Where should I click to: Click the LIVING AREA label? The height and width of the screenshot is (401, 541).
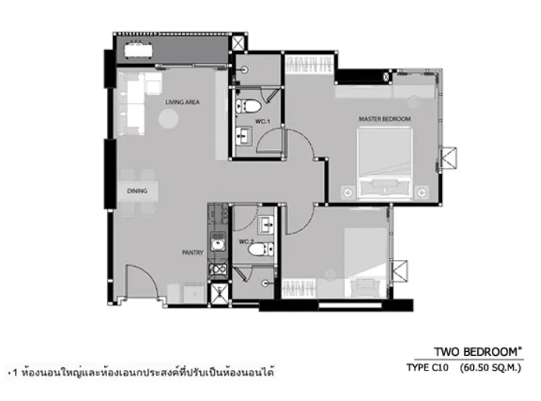(182, 102)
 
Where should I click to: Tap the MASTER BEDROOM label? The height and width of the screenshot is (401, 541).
(385, 119)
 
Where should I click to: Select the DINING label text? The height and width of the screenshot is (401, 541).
(137, 191)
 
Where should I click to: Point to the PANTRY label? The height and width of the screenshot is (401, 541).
(192, 252)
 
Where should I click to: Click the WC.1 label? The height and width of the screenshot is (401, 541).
(262, 121)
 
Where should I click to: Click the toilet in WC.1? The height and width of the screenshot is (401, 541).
(247, 106)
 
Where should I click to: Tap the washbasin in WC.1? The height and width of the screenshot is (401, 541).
(244, 135)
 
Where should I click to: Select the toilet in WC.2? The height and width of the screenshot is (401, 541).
(261, 250)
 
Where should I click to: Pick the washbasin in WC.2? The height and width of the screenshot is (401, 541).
(266, 225)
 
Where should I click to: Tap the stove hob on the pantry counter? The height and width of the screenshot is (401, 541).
(218, 270)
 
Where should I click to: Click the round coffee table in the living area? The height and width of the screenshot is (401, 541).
(169, 119)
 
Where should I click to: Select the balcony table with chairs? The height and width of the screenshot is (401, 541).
(138, 50)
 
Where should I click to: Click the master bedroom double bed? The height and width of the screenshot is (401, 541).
(385, 163)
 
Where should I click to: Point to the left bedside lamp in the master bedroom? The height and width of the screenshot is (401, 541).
(348, 192)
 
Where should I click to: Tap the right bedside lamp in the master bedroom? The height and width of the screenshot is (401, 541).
(421, 192)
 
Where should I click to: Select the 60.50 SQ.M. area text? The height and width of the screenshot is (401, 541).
(490, 368)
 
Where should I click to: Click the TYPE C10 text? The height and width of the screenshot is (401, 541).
(427, 368)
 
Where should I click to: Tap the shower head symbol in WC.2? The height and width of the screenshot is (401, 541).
(265, 284)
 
